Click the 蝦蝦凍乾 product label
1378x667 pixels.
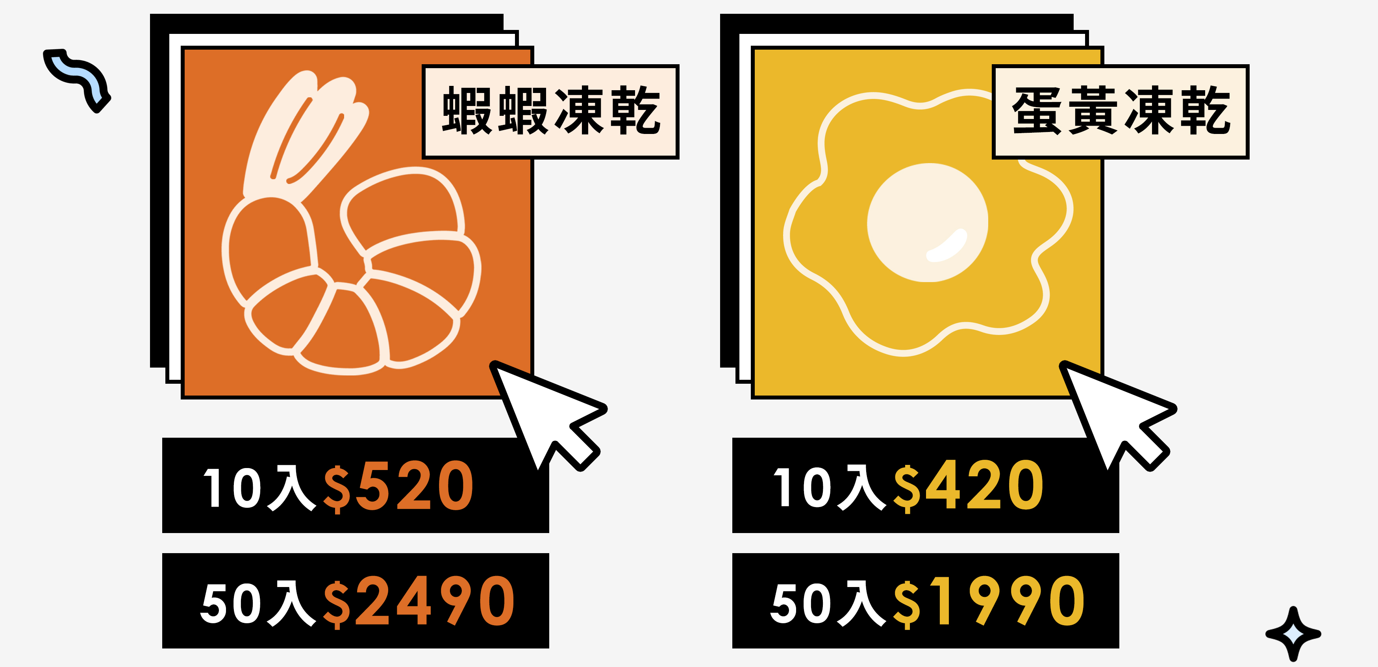click(550, 111)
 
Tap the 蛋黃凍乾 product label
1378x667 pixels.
click(1120, 111)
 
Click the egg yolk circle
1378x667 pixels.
click(927, 222)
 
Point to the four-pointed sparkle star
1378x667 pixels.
click(1293, 634)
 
